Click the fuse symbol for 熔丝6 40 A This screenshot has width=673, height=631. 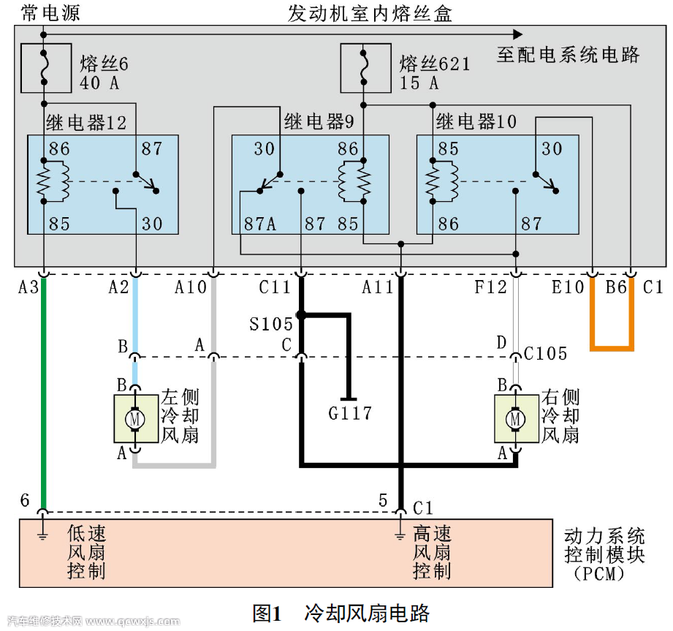(45, 68)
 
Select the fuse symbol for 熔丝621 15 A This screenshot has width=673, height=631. (365, 68)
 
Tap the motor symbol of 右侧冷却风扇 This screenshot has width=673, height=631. (516, 419)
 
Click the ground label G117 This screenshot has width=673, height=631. (350, 414)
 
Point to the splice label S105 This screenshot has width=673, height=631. (270, 324)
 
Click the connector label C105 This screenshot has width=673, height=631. (546, 354)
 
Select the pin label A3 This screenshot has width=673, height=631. (28, 287)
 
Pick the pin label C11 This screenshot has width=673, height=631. (275, 287)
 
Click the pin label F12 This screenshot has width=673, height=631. (490, 287)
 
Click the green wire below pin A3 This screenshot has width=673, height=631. (45, 395)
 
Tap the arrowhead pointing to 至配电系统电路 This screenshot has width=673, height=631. (517, 34)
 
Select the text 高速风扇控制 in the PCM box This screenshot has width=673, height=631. (432, 553)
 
